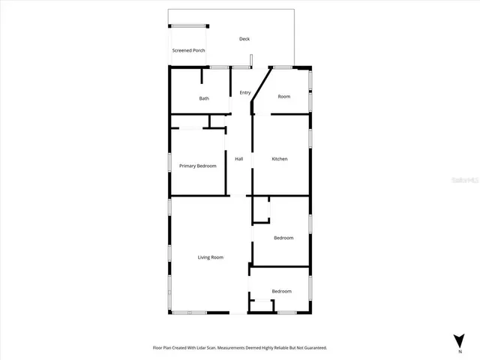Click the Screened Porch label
[x=188, y=50]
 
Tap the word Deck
[x=244, y=39]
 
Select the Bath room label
[x=204, y=99]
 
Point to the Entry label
[x=244, y=92]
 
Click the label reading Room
[x=284, y=96]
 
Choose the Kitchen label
[x=280, y=159]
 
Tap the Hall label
[x=239, y=159]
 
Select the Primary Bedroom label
[x=197, y=166]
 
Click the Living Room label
[x=211, y=257]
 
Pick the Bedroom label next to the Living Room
[x=283, y=238]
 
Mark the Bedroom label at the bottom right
[x=281, y=291]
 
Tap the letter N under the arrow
[x=459, y=350]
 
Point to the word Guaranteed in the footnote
[x=314, y=348]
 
